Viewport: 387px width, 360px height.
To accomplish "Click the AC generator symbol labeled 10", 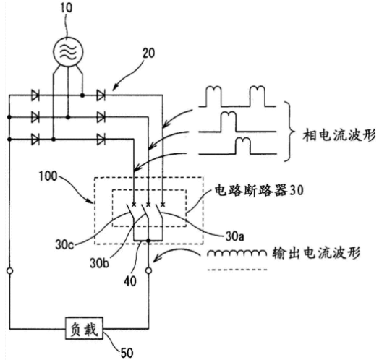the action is point(69,52).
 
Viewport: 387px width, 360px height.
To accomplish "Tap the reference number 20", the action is point(148,53).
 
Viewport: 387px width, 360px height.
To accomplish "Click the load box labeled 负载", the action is point(84,328).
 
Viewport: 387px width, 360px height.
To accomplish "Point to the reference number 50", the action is point(127,353).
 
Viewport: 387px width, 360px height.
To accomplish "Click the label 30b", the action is point(99,263).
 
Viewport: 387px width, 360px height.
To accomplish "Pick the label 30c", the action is point(64,245).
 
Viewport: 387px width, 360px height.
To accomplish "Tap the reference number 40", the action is point(130,281).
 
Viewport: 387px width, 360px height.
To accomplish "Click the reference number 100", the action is point(48,176).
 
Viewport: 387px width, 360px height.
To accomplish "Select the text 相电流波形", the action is point(339,135).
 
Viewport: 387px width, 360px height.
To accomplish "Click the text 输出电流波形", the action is point(316,253).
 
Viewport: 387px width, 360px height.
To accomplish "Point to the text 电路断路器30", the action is point(259,190).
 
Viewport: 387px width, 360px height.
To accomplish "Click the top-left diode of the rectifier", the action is point(35,95).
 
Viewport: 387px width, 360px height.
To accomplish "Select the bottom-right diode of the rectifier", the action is point(101,140).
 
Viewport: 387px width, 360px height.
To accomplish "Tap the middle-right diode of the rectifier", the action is point(101,117).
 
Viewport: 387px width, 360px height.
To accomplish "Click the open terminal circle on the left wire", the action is point(9,271).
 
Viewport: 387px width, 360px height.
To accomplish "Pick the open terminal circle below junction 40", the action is point(148,271).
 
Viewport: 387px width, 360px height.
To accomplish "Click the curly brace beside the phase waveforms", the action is point(289,131).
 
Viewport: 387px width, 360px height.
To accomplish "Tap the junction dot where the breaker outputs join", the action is point(148,240).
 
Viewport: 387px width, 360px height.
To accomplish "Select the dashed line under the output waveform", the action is point(237,270).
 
